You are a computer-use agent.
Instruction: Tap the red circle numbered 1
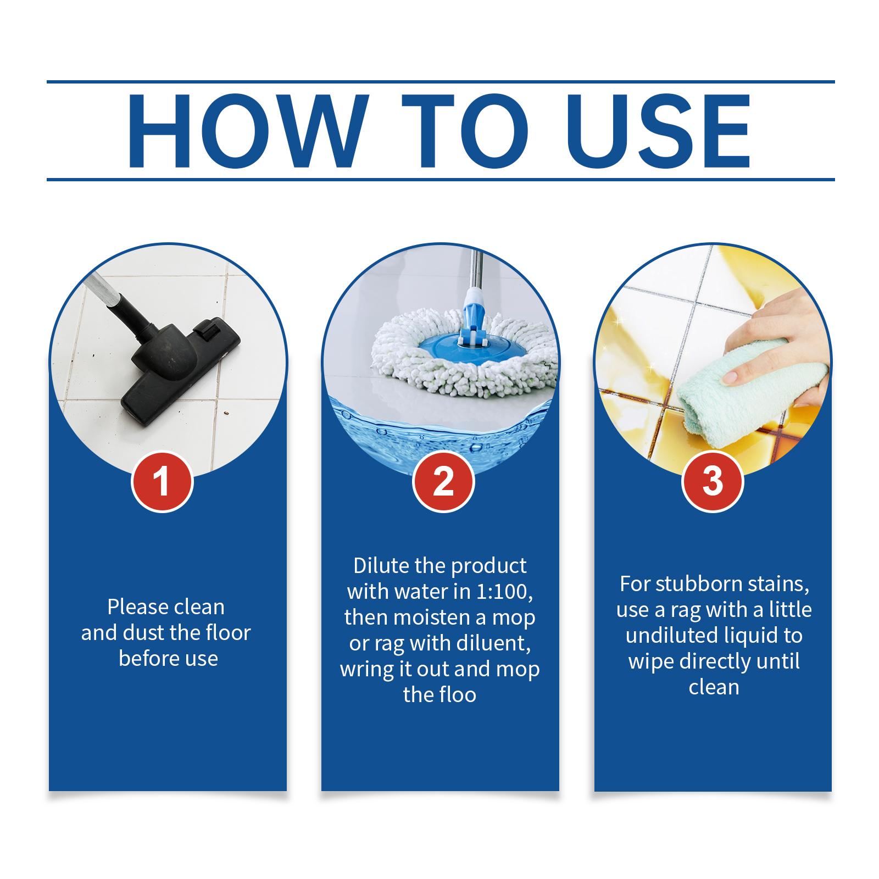click(x=162, y=482)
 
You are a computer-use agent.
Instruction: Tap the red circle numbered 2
click(x=443, y=482)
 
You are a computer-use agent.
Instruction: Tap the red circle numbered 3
click(x=713, y=482)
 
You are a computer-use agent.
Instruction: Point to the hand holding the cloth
click(x=780, y=335)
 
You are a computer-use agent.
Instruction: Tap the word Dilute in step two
click(x=379, y=565)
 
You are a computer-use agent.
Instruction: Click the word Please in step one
click(x=137, y=607)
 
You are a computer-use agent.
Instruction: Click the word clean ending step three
click(x=714, y=687)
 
